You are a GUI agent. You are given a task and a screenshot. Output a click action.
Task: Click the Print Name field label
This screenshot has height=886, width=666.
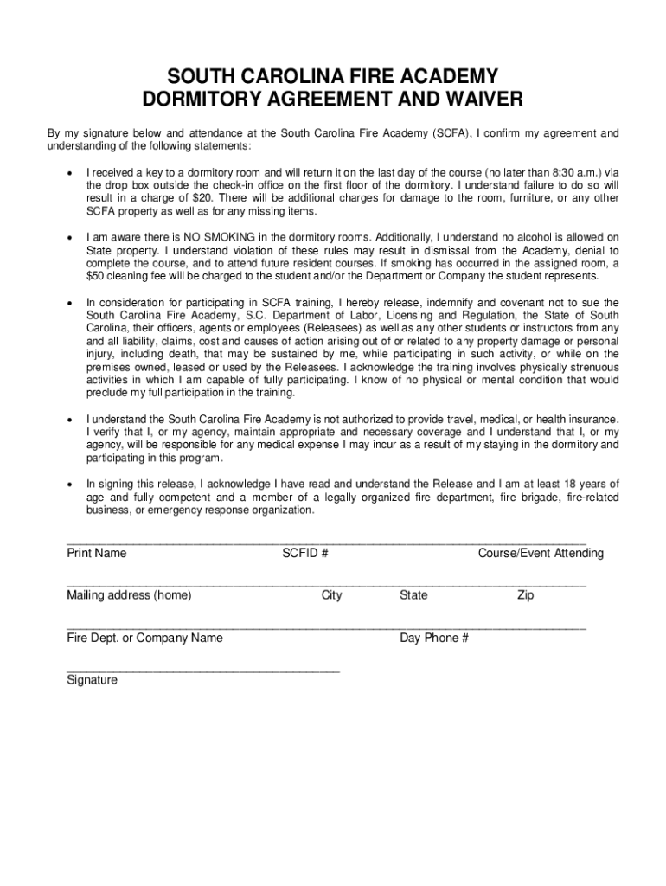pos(97,553)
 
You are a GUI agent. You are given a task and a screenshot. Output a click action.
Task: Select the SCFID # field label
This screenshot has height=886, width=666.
pos(304,553)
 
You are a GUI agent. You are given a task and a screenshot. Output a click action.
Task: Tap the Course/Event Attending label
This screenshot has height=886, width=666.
pos(541,553)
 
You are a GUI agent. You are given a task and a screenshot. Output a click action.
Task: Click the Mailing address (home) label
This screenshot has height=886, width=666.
pos(129,595)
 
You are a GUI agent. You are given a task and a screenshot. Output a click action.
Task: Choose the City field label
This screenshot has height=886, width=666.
pos(331,595)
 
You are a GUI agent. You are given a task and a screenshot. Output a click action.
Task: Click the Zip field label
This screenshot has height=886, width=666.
pos(525,595)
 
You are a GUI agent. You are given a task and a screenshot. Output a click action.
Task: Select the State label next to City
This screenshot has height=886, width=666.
pos(413,595)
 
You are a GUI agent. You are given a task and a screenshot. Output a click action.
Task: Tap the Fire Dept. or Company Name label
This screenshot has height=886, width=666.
pos(144,638)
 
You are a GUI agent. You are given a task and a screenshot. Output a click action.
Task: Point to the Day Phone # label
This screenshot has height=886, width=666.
pos(434,638)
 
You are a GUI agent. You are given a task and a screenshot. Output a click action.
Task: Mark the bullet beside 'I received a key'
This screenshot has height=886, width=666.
pos(69,173)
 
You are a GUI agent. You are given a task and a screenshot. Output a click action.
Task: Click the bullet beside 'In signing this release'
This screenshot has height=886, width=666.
pos(69,485)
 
